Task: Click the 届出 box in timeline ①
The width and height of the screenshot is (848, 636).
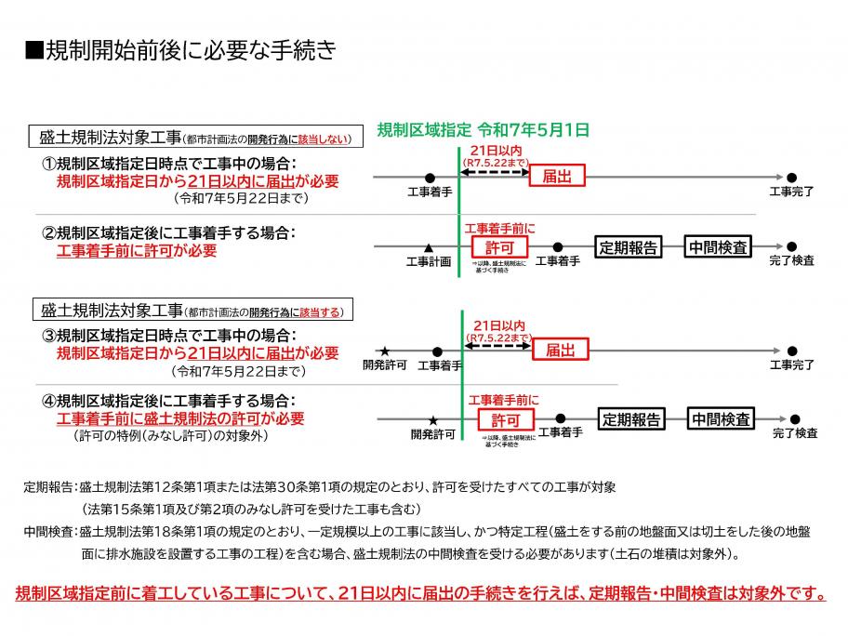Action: point(557,176)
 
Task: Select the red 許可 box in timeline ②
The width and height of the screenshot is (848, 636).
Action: point(499,247)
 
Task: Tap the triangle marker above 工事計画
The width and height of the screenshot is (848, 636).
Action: point(428,247)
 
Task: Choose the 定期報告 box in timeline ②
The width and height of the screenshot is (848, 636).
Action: point(629,247)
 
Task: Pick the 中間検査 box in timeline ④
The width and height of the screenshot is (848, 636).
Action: point(721,419)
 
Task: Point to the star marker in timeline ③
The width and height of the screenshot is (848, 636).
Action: point(384,351)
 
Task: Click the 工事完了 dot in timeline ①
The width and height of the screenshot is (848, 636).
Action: point(791,177)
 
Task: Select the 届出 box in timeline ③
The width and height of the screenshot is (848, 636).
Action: point(560,350)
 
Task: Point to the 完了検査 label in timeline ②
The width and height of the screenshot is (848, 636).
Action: point(791,261)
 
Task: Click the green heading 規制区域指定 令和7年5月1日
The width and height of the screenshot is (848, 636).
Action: point(484,130)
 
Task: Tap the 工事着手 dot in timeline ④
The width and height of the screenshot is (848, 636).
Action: point(560,419)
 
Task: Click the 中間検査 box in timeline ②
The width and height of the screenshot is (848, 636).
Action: point(718,247)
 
